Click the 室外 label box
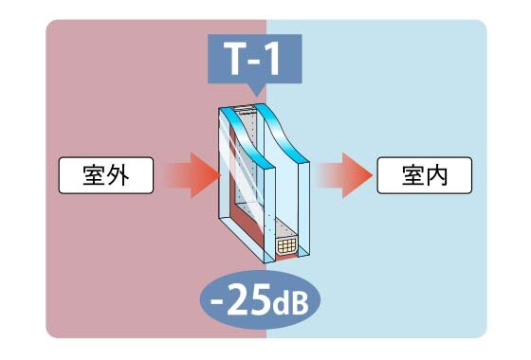point(105,174)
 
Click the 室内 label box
point(424,174)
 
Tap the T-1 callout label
point(254,63)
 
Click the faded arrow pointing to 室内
point(342,174)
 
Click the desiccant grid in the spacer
point(285,248)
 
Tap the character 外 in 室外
point(120,174)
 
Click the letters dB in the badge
point(295,308)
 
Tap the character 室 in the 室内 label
point(411,174)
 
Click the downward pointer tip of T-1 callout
point(254,94)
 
